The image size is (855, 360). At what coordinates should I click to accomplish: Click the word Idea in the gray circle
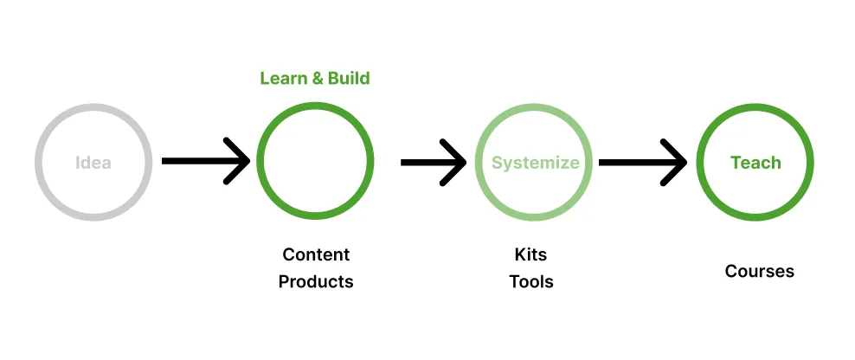tap(93, 162)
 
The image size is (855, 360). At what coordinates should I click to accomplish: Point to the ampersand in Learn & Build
tap(317, 79)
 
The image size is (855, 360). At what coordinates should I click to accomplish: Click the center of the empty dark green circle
tap(316, 162)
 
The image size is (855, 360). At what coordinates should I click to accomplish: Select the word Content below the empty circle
tap(316, 254)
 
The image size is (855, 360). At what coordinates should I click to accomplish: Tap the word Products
tap(316, 281)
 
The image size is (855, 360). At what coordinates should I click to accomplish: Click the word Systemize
tap(536, 163)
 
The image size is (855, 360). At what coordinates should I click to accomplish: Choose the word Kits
tap(530, 254)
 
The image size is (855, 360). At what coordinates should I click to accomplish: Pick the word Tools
tap(531, 281)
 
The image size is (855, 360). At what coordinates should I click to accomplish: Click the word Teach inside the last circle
tap(755, 163)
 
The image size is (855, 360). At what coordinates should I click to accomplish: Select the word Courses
tap(759, 272)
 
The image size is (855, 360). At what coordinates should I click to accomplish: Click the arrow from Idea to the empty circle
tap(199, 161)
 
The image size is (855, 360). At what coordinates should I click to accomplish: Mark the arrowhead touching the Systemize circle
tap(457, 161)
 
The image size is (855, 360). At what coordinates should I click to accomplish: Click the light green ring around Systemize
tap(536, 107)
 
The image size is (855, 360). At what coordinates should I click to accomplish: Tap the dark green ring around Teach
tap(755, 107)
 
